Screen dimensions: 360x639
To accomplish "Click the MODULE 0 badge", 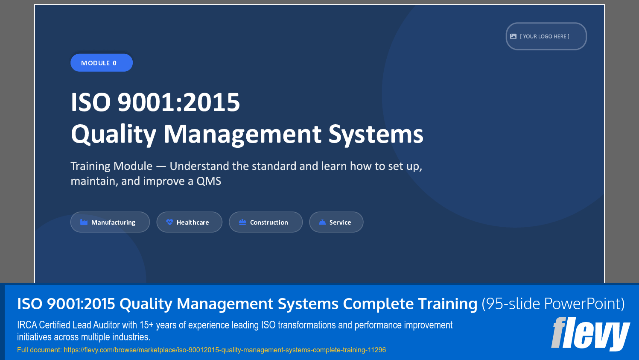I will [x=102, y=63].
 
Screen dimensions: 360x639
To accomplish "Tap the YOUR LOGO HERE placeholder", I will [x=546, y=36].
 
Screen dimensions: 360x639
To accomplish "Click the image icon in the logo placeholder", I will [x=513, y=36].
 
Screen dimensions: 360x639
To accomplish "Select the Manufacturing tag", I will [x=110, y=222].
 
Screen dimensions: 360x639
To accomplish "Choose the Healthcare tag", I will [x=190, y=222].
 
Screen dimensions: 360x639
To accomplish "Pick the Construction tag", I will [x=266, y=222].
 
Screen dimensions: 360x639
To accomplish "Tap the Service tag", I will [x=336, y=222].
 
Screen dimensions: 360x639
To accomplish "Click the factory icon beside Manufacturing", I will [x=84, y=222].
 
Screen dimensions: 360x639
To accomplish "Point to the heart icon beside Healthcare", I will [x=169, y=222].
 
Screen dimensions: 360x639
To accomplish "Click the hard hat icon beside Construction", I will [x=242, y=222].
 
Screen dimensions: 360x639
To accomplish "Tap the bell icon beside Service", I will [x=322, y=222].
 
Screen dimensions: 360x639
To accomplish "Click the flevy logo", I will [x=590, y=334].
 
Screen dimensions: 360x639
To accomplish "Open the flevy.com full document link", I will [x=225, y=350].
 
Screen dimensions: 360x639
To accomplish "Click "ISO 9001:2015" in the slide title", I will [x=155, y=102].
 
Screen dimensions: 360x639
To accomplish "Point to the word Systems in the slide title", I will [x=376, y=134].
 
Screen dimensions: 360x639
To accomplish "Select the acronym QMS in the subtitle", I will [x=209, y=181].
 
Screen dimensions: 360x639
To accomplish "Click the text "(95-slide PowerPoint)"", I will [x=553, y=304].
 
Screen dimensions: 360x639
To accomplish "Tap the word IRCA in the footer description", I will [x=27, y=325].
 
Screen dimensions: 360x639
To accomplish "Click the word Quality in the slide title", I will [x=114, y=134].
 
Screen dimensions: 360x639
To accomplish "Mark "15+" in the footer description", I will [x=146, y=325].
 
